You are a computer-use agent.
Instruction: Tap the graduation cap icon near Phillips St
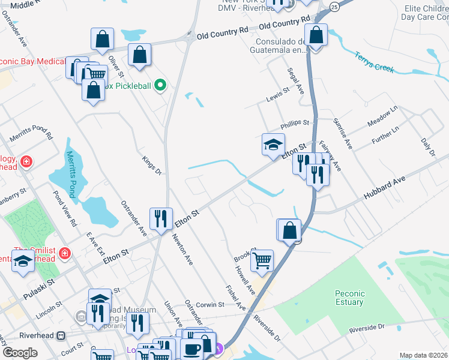(x=273, y=145)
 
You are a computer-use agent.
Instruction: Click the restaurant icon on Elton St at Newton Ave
(x=160, y=218)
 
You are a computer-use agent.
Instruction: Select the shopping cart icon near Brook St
(x=262, y=260)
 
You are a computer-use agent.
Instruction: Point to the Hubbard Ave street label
(x=384, y=188)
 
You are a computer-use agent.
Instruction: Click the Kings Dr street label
(x=152, y=166)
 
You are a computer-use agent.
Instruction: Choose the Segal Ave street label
(x=295, y=80)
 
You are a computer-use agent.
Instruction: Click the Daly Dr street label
(x=428, y=148)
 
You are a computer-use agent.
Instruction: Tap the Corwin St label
(x=208, y=305)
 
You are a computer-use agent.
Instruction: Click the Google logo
(x=20, y=353)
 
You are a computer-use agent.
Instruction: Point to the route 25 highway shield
(x=334, y=6)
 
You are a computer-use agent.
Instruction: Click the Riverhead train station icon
(x=61, y=335)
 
